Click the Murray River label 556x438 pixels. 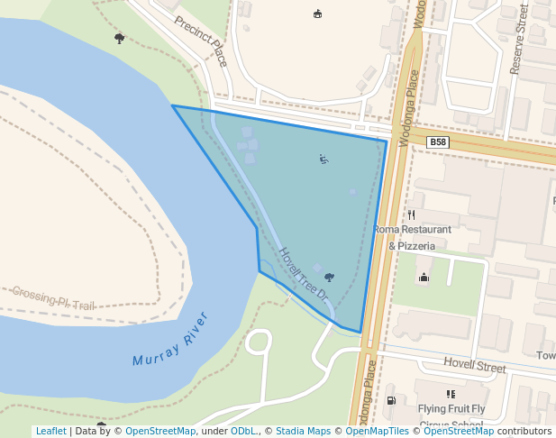pyautogui.click(x=170, y=339)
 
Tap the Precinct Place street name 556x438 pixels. pyautogui.click(x=202, y=41)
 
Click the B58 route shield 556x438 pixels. pyautogui.click(x=437, y=142)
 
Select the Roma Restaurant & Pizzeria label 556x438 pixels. pyautogui.click(x=412, y=237)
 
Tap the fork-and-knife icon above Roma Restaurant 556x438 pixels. pyautogui.click(x=411, y=214)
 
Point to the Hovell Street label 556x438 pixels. pyautogui.click(x=475, y=366)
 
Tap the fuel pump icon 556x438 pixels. pyautogui.click(x=391, y=400)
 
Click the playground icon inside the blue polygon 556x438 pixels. pyautogui.click(x=324, y=160)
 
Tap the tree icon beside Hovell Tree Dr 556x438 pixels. pyautogui.click(x=329, y=278)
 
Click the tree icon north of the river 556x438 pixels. pyautogui.click(x=120, y=38)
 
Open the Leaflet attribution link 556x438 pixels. pyautogui.click(x=50, y=431)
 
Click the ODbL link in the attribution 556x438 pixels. pyautogui.click(x=243, y=431)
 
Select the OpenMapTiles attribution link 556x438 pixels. pyautogui.click(x=374, y=431)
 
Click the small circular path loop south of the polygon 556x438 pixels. pyautogui.click(x=259, y=342)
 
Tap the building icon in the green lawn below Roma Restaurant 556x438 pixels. pyautogui.click(x=424, y=277)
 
